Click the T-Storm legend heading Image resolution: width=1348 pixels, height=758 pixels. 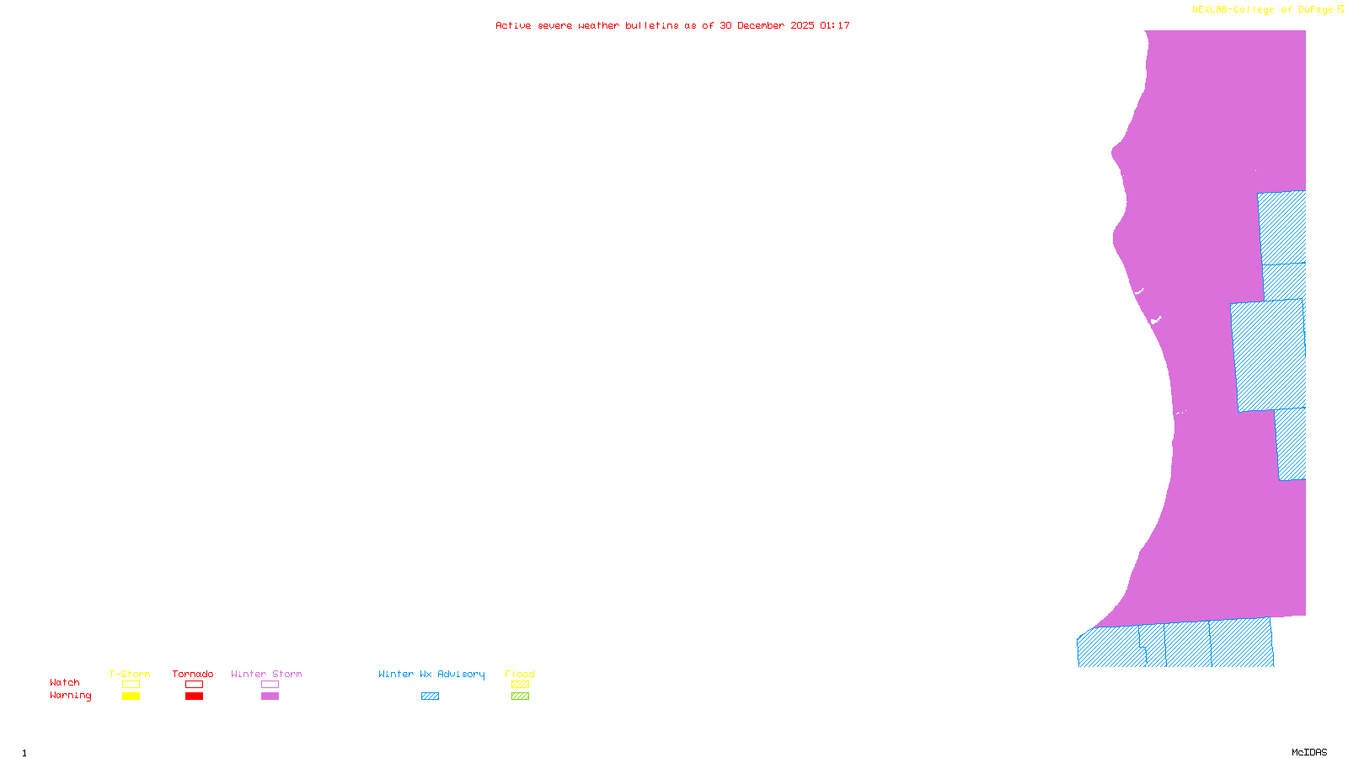pyautogui.click(x=130, y=674)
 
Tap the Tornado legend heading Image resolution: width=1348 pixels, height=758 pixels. pyautogui.click(x=193, y=674)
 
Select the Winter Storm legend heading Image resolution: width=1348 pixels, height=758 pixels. pyautogui.click(x=266, y=674)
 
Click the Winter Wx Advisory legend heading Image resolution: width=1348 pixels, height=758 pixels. pyautogui.click(x=431, y=674)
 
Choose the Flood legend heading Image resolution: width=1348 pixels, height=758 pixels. pyautogui.click(x=520, y=674)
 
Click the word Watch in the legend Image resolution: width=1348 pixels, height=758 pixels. pyautogui.click(x=65, y=682)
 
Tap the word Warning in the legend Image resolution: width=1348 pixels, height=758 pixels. pyautogui.click(x=71, y=696)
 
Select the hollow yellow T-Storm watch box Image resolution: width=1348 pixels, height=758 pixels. pyautogui.click(x=131, y=685)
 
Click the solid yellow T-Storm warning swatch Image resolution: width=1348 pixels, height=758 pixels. pyautogui.click(x=131, y=697)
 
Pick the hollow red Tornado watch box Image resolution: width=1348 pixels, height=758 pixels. pyautogui.click(x=194, y=685)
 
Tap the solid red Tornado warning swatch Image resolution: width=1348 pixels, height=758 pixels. pyautogui.click(x=194, y=697)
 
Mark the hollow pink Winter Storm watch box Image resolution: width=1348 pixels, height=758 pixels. pyautogui.click(x=270, y=685)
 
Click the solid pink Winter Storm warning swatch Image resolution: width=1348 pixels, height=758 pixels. pyautogui.click(x=270, y=697)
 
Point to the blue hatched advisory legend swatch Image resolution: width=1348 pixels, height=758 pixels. pyautogui.click(x=430, y=697)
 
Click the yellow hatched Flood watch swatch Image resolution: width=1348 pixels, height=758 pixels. pyautogui.click(x=520, y=685)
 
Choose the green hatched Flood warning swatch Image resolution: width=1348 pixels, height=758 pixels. pyautogui.click(x=520, y=697)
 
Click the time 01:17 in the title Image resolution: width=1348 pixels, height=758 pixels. pyautogui.click(x=835, y=25)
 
